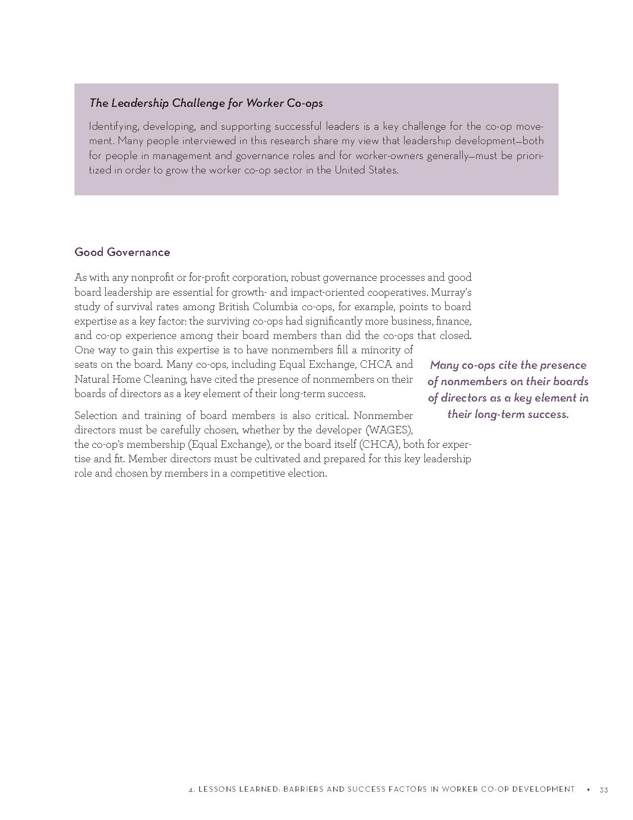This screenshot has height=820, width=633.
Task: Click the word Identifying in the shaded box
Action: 113,127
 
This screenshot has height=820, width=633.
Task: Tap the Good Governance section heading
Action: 122,252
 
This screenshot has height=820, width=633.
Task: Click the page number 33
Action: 604,790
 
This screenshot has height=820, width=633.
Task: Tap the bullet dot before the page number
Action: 588,790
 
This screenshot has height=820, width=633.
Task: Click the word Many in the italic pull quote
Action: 444,365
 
